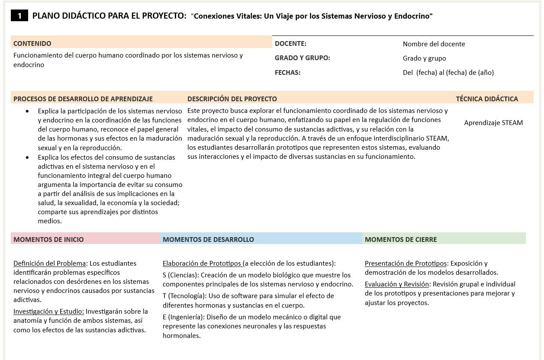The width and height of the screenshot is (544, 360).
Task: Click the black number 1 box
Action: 19,16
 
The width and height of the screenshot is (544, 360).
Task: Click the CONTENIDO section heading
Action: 32,43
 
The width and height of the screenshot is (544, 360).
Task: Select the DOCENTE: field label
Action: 290,43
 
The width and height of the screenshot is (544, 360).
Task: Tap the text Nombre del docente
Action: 434,44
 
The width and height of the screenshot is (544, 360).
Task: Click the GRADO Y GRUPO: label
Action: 302,58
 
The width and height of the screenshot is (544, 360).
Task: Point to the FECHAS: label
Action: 287,72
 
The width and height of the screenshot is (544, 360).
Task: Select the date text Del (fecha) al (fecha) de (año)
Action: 448,72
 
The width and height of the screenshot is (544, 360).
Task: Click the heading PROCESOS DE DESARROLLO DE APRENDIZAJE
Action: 83,99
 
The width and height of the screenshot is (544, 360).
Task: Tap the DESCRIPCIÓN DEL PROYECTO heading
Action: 232,99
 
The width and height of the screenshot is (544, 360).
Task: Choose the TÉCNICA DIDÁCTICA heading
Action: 487,99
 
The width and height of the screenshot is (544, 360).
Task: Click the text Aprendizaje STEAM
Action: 493,122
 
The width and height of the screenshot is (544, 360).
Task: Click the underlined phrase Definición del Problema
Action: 50,263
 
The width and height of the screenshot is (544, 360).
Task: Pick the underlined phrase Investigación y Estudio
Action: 49,311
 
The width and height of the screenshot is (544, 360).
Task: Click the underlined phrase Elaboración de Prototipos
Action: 202,263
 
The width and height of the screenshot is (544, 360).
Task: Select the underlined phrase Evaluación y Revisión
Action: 396,284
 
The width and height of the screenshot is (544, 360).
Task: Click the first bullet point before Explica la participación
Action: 28,111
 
